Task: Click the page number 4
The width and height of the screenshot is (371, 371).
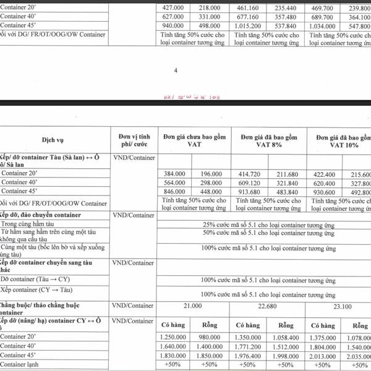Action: (x=176, y=70)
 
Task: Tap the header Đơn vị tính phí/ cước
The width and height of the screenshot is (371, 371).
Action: (x=134, y=140)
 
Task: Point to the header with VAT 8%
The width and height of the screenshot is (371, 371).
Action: (x=269, y=140)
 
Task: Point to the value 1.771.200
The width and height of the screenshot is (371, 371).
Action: (x=250, y=346)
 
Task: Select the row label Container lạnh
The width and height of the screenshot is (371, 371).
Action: (x=22, y=365)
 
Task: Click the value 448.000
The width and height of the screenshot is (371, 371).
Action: (x=211, y=192)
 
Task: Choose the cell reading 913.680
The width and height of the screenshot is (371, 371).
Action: (x=251, y=192)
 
